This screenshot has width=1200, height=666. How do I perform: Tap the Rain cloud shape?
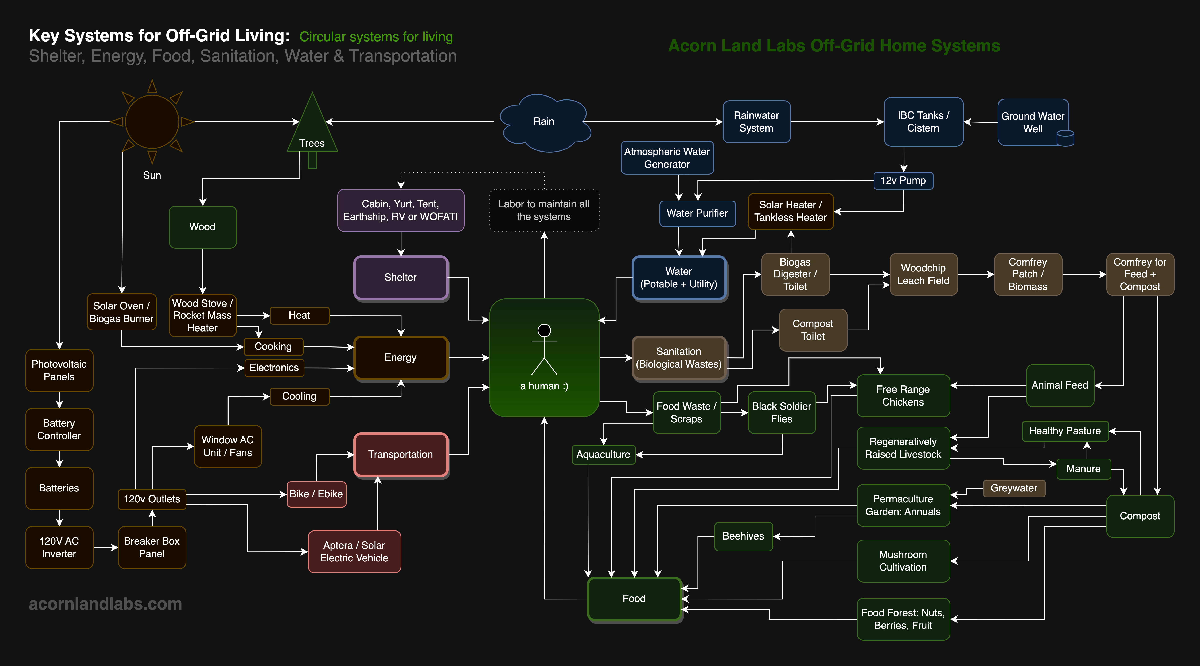pos(544,122)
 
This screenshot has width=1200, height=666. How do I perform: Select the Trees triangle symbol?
pos(312,128)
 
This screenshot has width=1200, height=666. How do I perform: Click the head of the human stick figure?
pos(544,330)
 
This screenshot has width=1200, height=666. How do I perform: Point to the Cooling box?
pos(299,396)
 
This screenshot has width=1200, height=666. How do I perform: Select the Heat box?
pos(299,315)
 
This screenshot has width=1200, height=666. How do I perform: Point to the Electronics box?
pos(274,368)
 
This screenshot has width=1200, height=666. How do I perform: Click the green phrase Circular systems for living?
pos(376,37)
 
